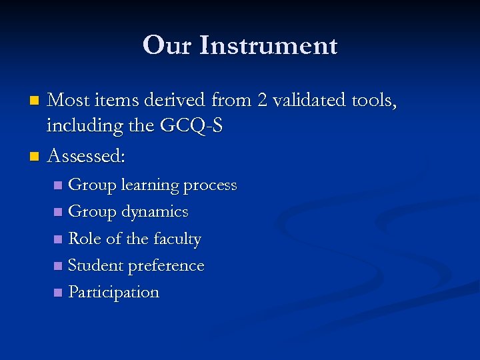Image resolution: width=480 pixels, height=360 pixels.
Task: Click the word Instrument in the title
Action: [269, 46]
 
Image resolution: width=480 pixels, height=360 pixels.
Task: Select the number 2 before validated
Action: [261, 100]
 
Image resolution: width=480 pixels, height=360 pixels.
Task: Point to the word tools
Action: [374, 101]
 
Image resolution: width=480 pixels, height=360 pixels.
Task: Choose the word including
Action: [83, 126]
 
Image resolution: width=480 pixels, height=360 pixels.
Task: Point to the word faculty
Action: [177, 239]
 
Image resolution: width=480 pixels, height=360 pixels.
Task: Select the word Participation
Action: [114, 292]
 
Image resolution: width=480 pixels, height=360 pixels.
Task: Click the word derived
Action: [177, 100]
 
